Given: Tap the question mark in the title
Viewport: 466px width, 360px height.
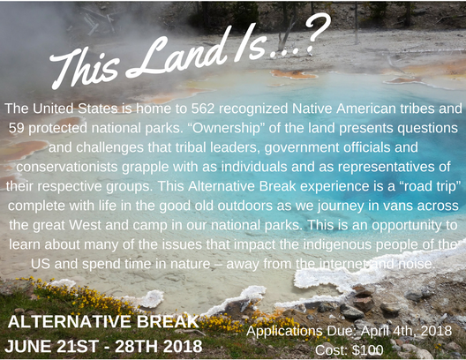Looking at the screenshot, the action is (x=319, y=34).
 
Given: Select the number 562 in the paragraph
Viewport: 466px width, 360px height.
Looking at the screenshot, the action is (x=202, y=109).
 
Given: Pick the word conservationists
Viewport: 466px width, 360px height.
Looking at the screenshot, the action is (x=67, y=167).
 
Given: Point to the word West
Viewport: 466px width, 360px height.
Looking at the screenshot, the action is (x=86, y=225).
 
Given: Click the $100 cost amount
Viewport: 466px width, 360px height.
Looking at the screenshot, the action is (x=368, y=350).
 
